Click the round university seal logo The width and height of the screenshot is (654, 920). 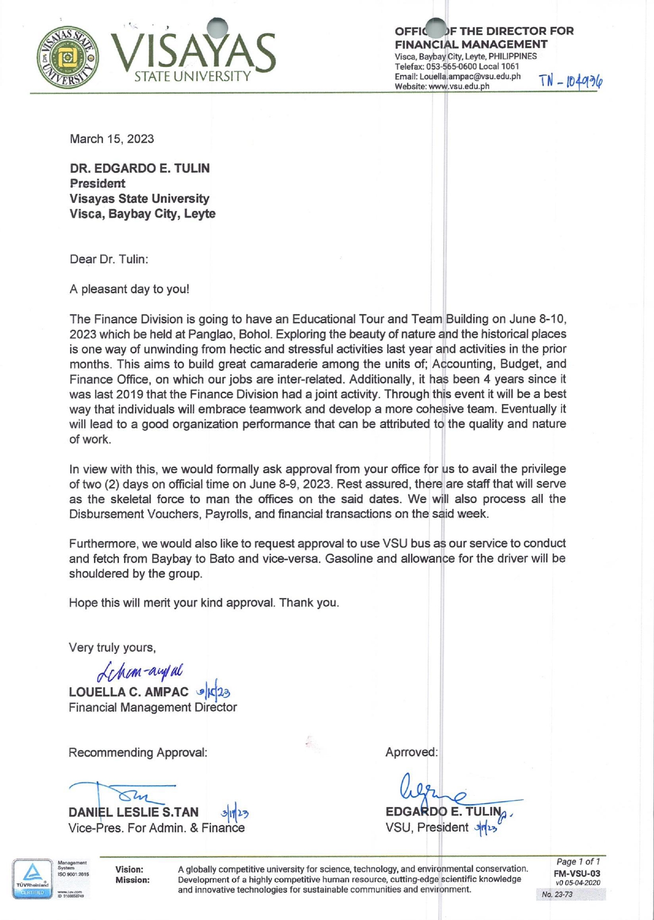(x=68, y=57)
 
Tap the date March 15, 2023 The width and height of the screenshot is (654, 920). (x=112, y=139)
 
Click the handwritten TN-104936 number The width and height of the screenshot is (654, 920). (x=571, y=82)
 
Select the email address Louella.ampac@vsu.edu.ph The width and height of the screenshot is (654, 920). (x=457, y=76)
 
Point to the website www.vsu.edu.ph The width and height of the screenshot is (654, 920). (x=442, y=86)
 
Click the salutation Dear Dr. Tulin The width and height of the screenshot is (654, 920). (x=109, y=259)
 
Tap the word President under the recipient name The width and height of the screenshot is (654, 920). (x=97, y=183)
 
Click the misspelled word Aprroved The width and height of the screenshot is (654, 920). (x=412, y=752)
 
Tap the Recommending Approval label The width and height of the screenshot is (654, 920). (x=138, y=752)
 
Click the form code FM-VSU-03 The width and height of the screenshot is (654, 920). (x=576, y=874)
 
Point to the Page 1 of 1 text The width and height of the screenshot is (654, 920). (x=578, y=862)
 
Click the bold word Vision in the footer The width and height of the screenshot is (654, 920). (x=129, y=869)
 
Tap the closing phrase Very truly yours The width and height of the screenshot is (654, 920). (x=112, y=647)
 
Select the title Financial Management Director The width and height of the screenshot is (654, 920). (x=153, y=707)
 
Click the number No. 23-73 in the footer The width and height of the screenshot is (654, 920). (x=557, y=894)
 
